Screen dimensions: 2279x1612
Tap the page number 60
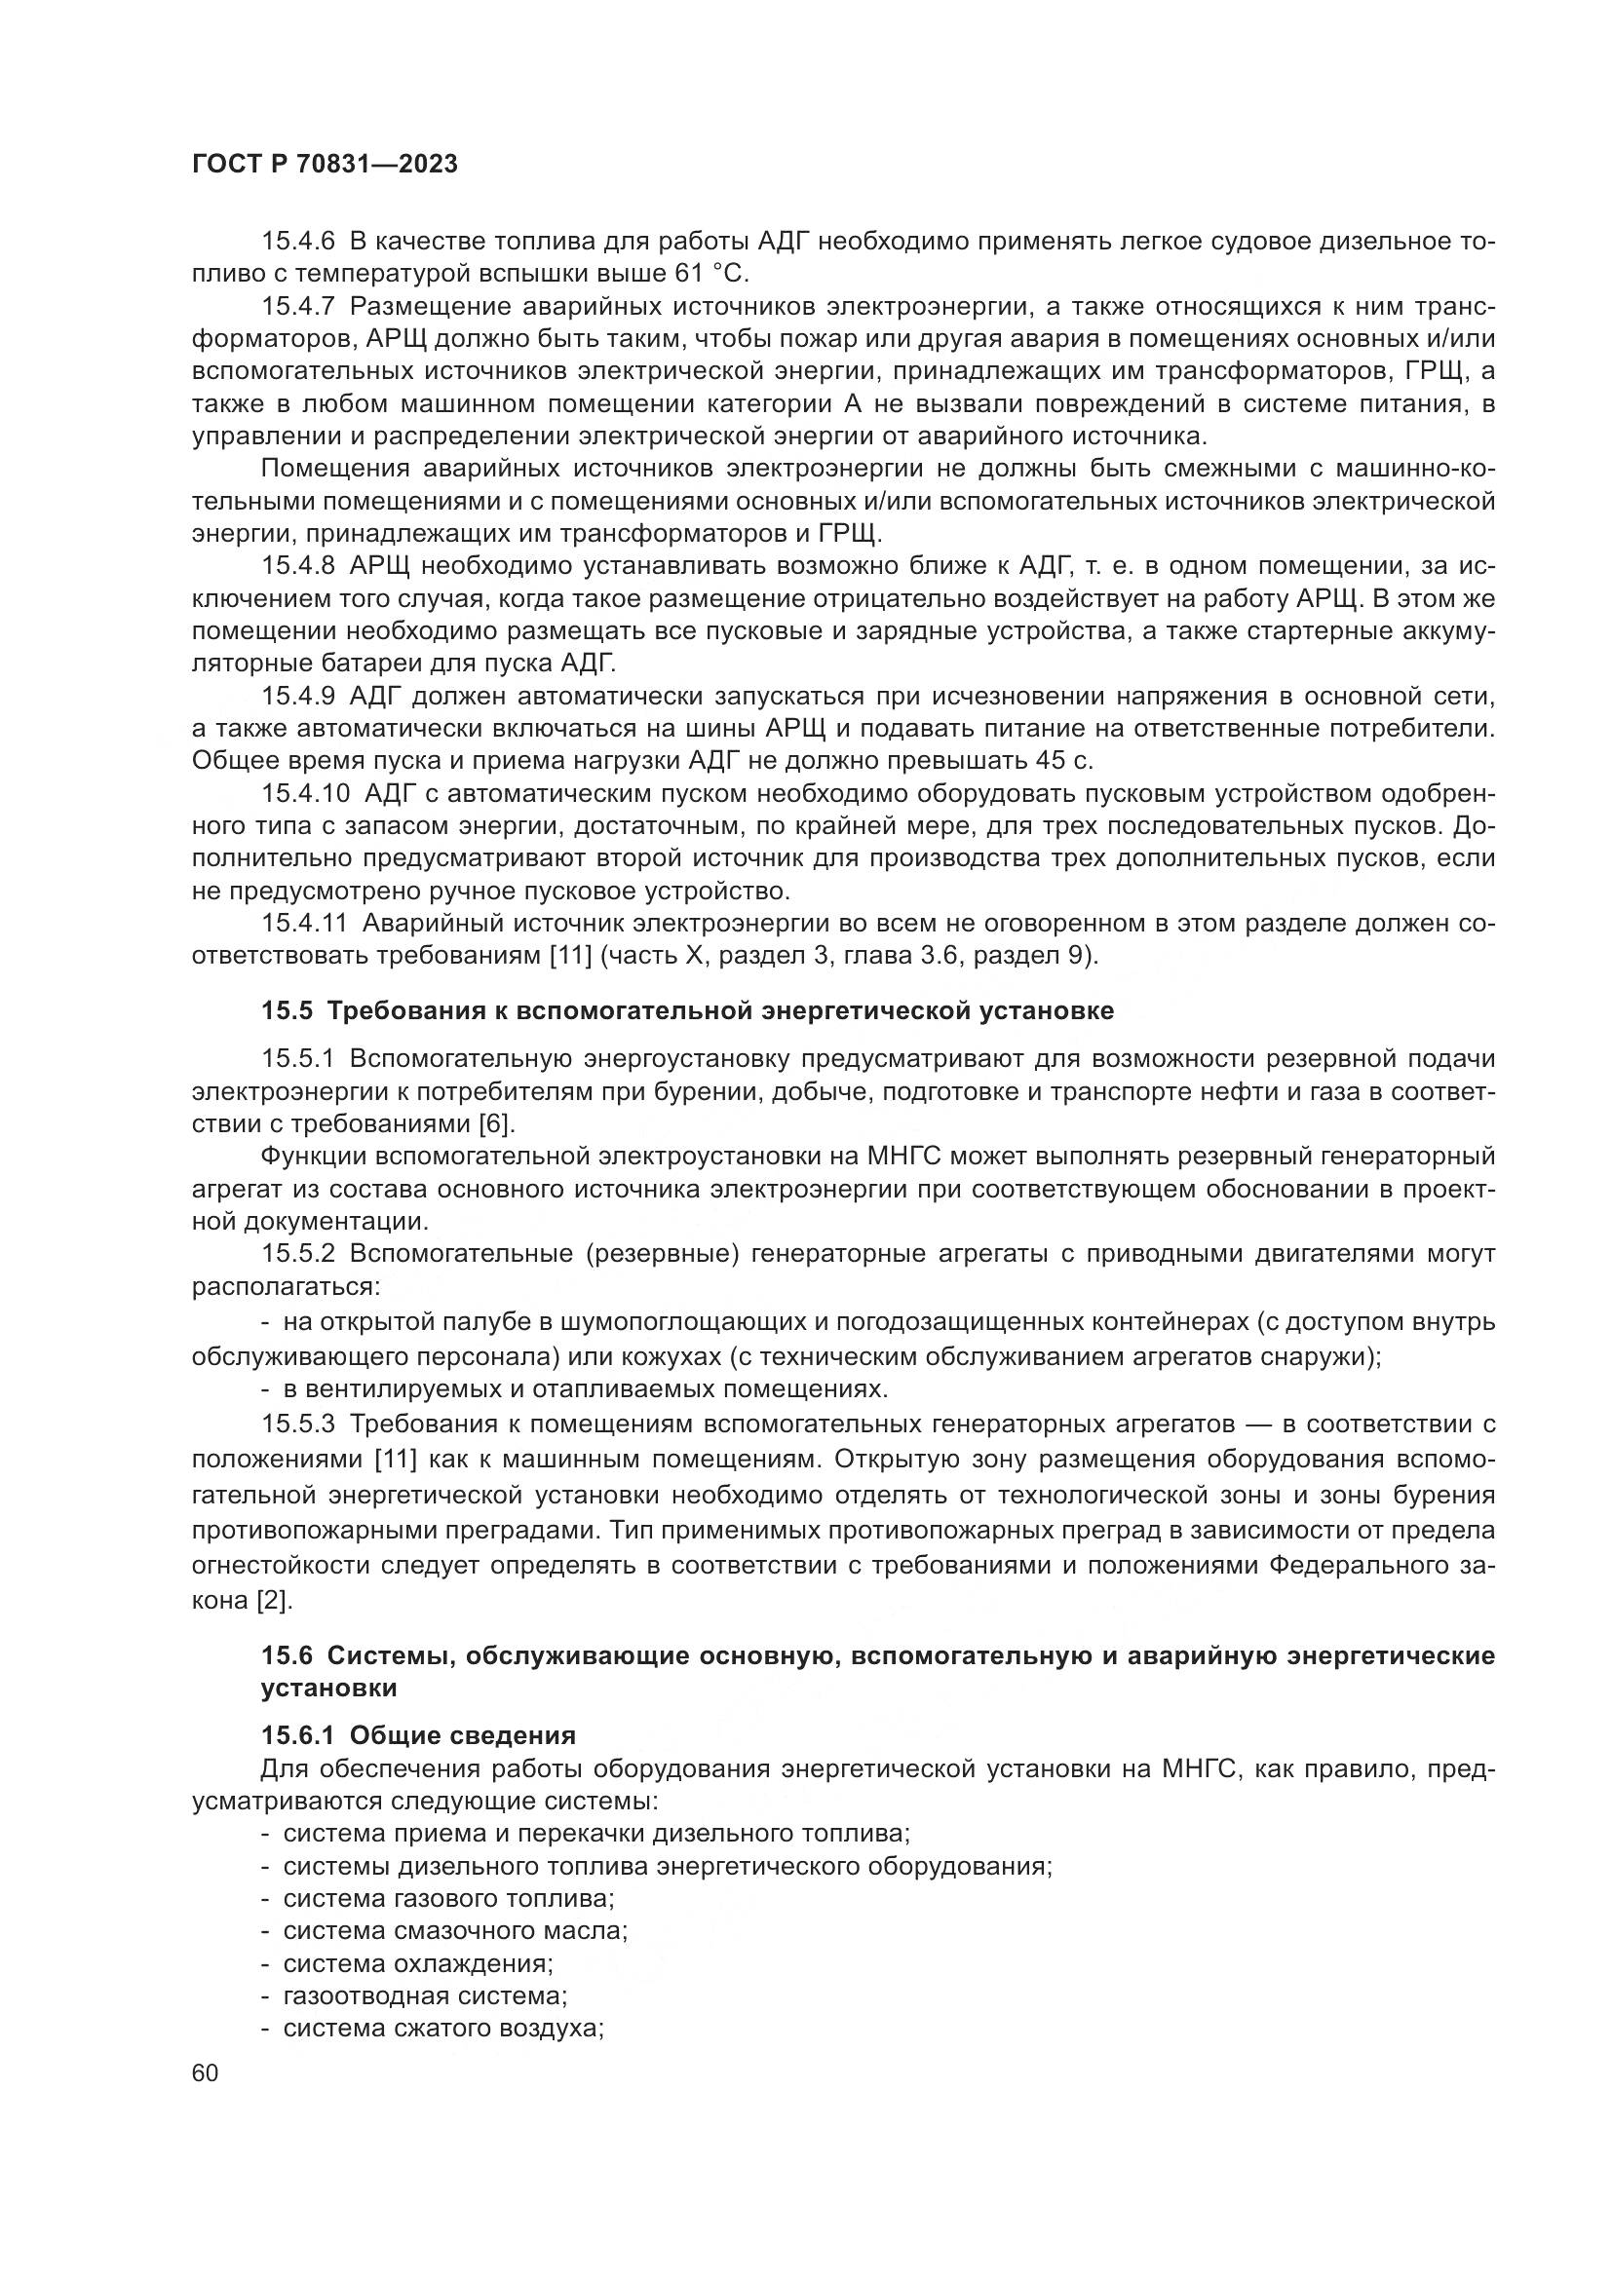pos(206,2072)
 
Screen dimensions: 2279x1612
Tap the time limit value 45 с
pos(1064,761)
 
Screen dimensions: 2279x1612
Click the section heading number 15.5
pos(287,1011)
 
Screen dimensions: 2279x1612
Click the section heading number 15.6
pos(287,1655)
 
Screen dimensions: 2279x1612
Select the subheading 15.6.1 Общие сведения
pos(418,1734)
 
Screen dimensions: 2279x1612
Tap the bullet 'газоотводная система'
pos(425,1995)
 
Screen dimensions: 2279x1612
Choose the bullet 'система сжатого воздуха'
pos(443,2028)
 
